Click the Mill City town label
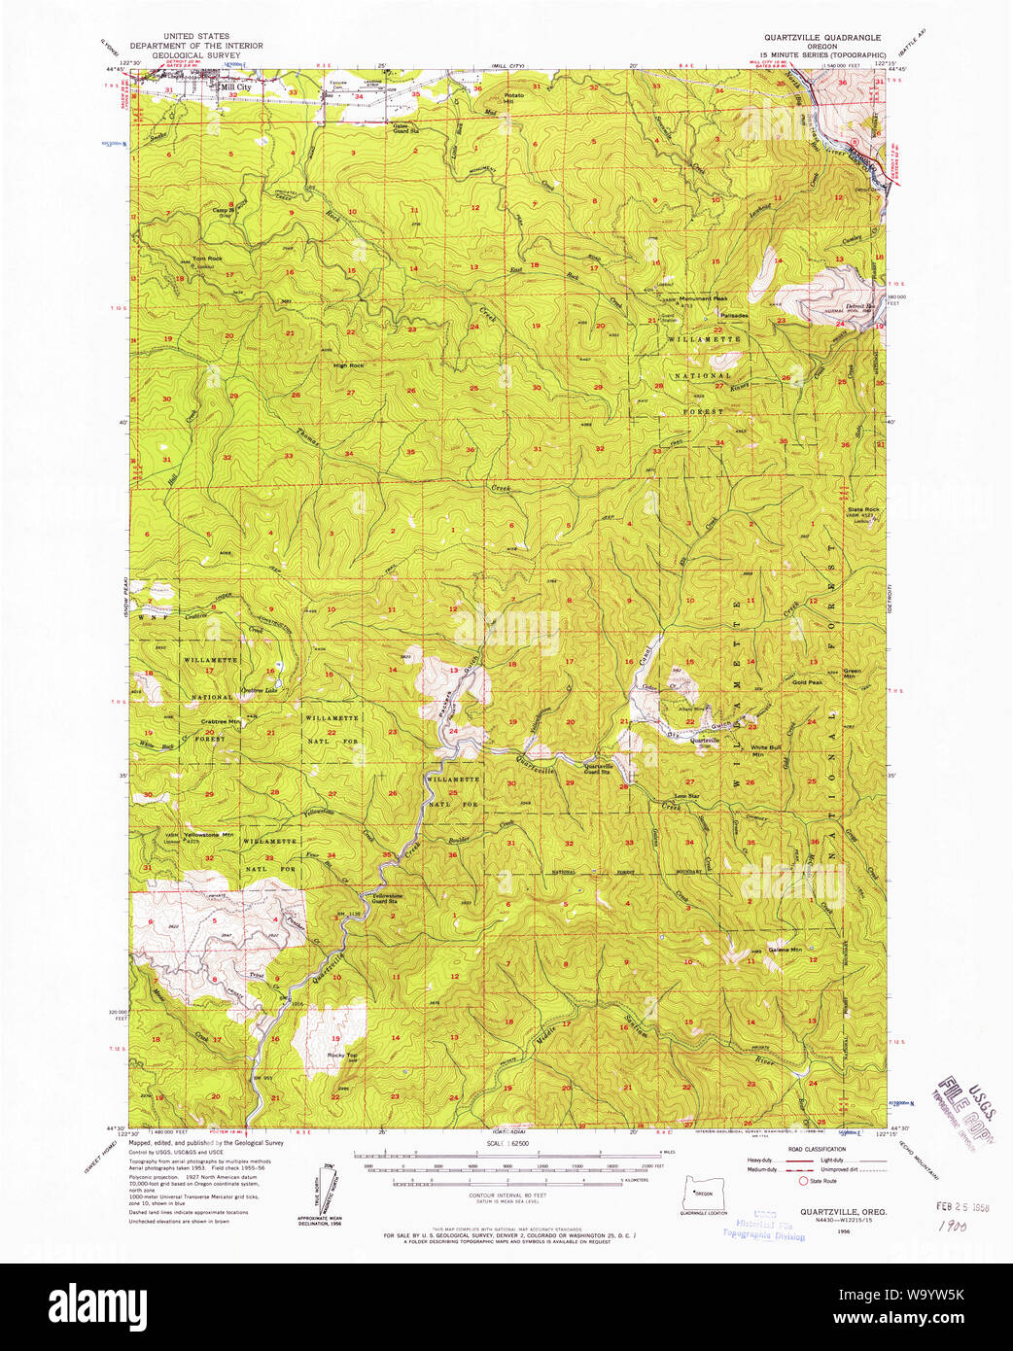tap(235, 87)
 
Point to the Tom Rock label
tap(207, 259)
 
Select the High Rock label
tap(348, 365)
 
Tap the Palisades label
tap(734, 315)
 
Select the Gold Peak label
tap(807, 682)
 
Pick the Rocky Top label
tap(338, 1055)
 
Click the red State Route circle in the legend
tap(803, 1181)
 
